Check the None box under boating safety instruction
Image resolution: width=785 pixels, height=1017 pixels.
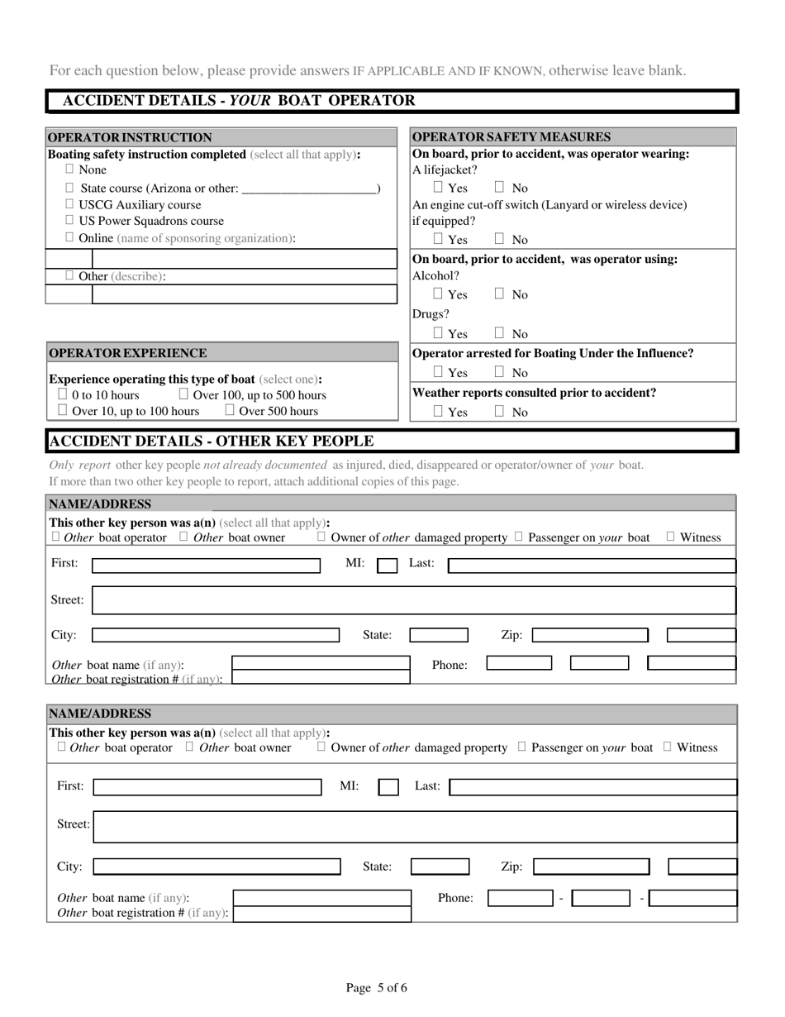click(x=69, y=169)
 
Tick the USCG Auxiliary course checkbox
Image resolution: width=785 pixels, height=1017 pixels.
click(x=69, y=204)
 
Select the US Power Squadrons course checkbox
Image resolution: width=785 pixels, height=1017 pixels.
click(x=69, y=221)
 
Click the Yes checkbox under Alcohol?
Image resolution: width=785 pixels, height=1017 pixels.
click(x=439, y=294)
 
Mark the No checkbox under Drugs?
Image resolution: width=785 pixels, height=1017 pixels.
click(x=500, y=334)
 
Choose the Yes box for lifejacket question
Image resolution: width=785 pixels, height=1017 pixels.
click(x=439, y=188)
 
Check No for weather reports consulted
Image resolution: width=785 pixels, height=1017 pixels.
click(x=500, y=412)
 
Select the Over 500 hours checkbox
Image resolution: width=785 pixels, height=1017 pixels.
click(x=230, y=411)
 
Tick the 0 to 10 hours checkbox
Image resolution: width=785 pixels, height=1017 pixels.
click(x=62, y=395)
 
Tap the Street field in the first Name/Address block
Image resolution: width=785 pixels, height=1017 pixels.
click(x=413, y=600)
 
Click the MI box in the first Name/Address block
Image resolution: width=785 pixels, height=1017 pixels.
click(x=387, y=566)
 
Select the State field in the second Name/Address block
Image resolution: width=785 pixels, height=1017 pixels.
click(x=440, y=867)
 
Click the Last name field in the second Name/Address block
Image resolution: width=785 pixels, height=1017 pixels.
click(x=592, y=786)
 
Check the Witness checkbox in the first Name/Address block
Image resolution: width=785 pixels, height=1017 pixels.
click(x=670, y=537)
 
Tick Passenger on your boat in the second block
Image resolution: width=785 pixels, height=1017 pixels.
click(x=521, y=747)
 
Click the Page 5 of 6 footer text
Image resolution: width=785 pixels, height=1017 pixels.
click(x=377, y=987)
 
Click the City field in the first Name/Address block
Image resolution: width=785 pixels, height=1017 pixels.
click(x=215, y=635)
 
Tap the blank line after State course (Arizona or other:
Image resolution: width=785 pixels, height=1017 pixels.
click(x=309, y=189)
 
